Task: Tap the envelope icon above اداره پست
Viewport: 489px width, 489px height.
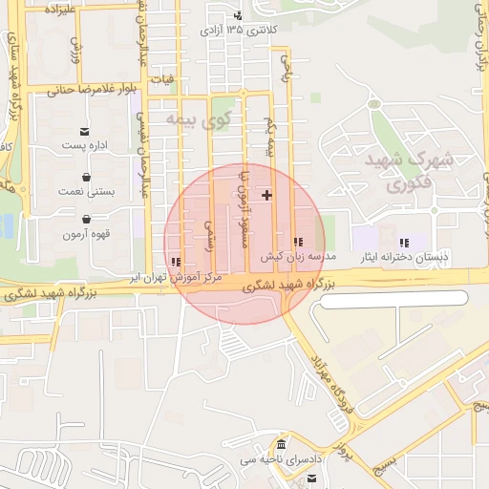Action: tap(86, 131)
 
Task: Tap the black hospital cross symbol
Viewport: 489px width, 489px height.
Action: tap(266, 195)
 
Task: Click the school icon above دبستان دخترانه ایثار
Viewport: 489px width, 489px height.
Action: tap(404, 243)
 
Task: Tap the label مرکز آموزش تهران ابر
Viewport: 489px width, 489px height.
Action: tap(178, 276)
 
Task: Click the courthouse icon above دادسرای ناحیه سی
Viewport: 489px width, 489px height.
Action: tap(281, 446)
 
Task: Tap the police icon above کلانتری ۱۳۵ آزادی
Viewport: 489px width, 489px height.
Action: tap(237, 15)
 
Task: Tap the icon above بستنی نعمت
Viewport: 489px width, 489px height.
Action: tap(87, 177)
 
